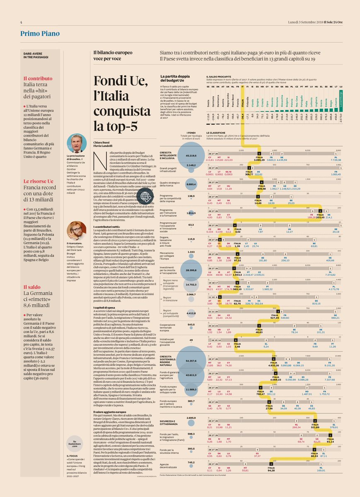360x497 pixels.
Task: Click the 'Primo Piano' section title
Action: coord(40,34)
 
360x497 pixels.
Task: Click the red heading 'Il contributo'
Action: coord(38,78)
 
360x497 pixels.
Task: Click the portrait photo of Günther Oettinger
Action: coord(76,143)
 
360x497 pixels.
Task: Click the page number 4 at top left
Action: coord(20,22)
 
